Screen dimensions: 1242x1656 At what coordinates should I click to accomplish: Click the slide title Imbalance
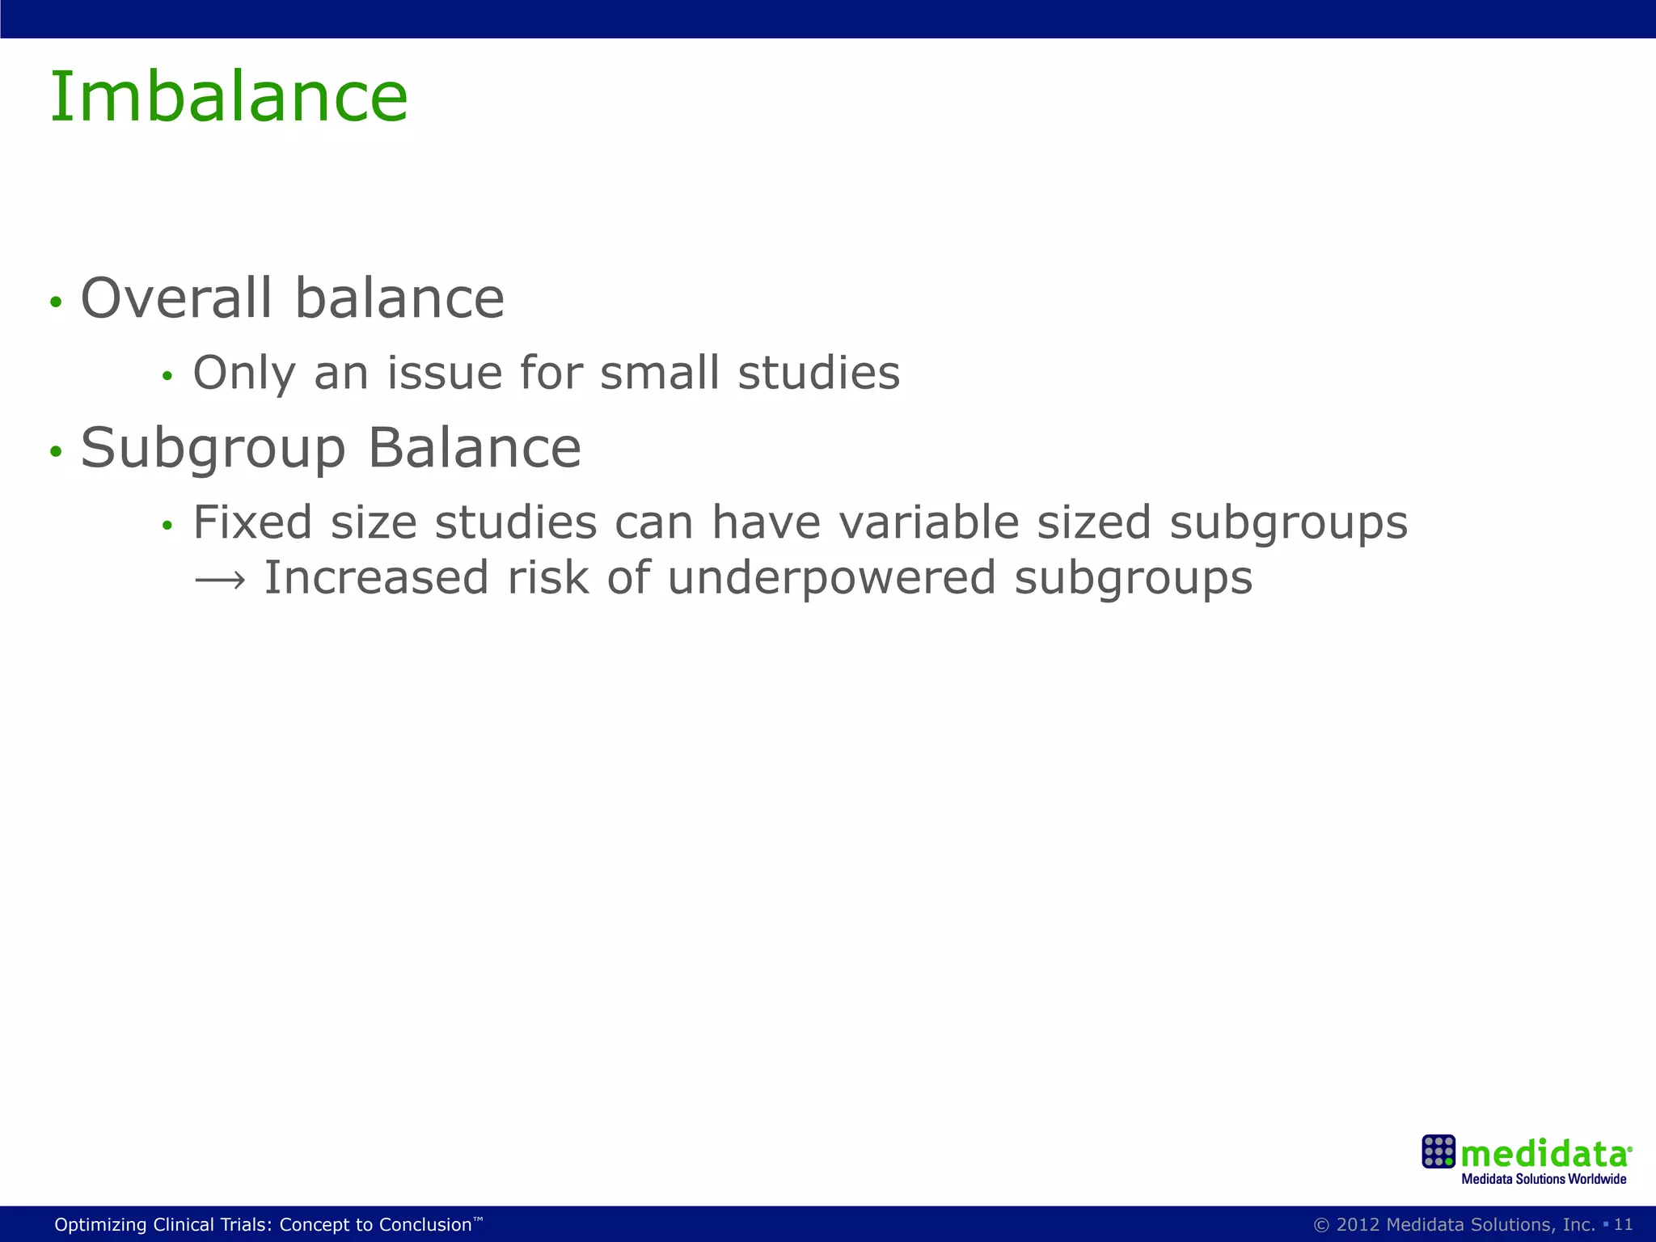pos(229,97)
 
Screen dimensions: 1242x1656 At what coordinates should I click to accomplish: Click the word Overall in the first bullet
pos(176,298)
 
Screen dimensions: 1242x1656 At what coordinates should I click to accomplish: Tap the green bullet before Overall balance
pos(55,302)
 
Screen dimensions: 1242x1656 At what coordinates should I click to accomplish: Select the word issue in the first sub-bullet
pos(444,373)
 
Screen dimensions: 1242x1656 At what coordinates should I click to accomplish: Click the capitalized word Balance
pos(475,448)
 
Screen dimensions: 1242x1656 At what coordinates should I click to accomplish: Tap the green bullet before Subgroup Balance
pos(55,451)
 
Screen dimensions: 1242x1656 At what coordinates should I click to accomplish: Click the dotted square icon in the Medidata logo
pos(1438,1151)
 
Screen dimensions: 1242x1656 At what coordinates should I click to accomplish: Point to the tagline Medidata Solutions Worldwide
pos(1544,1179)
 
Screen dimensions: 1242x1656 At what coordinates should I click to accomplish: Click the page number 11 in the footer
pos(1623,1224)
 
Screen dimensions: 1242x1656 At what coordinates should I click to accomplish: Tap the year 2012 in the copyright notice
pos(1358,1224)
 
